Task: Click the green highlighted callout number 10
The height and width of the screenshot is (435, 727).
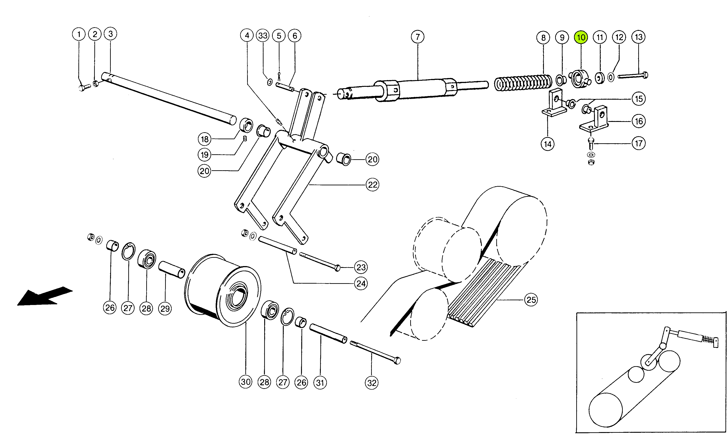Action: coord(581,38)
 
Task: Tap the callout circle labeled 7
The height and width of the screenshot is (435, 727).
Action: coord(417,37)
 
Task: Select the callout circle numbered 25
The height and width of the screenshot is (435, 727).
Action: coord(531,300)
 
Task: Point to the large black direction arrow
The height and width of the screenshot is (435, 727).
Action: coord(44,297)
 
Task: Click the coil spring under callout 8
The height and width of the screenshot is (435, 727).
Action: coord(523,83)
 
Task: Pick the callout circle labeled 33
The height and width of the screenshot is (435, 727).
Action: coord(263,36)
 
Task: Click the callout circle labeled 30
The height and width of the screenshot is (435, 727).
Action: coord(245,382)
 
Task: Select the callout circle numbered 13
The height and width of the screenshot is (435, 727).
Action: coord(638,37)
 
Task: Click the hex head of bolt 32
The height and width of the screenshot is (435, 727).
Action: coord(397,361)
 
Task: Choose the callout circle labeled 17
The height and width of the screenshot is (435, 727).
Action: coord(638,143)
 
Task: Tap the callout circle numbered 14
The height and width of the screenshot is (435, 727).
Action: coord(547,144)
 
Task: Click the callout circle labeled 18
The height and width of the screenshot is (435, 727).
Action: coord(205,139)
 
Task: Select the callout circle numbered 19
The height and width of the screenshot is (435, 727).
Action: coord(205,155)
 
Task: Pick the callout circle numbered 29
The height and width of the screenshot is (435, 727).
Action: coord(165,308)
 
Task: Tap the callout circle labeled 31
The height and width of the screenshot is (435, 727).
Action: coord(320,383)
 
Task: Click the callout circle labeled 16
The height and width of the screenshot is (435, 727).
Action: coord(638,121)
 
